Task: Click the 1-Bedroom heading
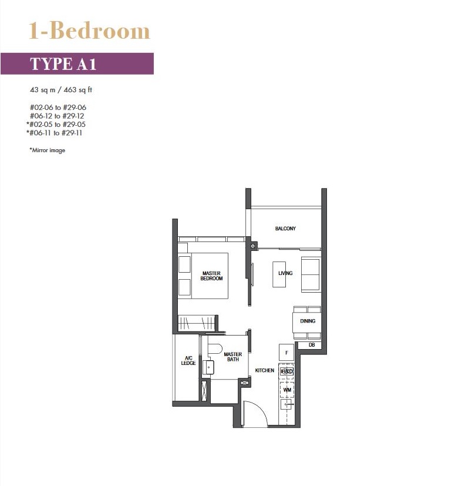click(89, 31)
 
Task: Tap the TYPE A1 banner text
click(63, 64)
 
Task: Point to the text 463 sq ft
click(77, 90)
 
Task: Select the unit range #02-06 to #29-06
click(58, 108)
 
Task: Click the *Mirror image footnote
click(47, 150)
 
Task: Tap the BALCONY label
click(285, 229)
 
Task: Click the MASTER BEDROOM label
click(211, 276)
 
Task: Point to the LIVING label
click(285, 273)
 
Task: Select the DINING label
click(308, 321)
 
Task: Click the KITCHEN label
click(265, 370)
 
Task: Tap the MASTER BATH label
click(233, 357)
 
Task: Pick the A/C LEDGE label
click(188, 360)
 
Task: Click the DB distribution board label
click(312, 344)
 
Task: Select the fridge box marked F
click(286, 353)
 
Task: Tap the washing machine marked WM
click(287, 390)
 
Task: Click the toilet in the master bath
click(215, 348)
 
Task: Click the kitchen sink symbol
click(286, 404)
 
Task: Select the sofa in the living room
click(311, 274)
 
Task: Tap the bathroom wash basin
click(208, 368)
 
